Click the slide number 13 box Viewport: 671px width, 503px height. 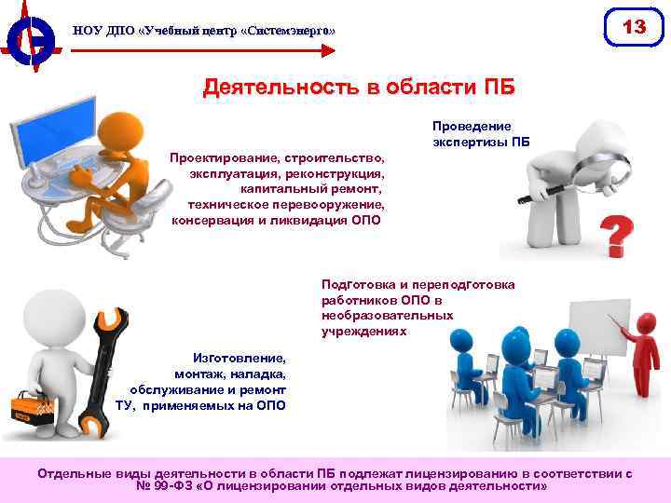[634, 28]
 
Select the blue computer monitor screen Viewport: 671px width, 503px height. [64, 127]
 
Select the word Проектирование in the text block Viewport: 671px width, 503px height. [221, 158]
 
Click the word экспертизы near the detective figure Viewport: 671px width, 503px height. [470, 143]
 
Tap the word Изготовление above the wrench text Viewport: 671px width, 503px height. [240, 358]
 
